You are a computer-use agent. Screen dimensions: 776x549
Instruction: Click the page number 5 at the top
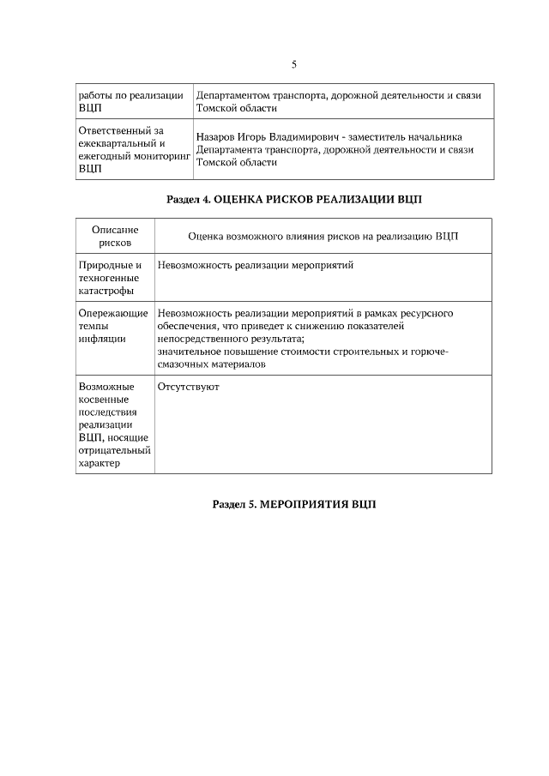coord(293,64)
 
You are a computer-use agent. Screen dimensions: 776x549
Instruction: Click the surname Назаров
coord(218,136)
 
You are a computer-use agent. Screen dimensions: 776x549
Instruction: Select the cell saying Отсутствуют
coord(189,387)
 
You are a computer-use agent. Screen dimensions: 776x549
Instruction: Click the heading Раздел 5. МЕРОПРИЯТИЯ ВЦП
coord(293,503)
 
